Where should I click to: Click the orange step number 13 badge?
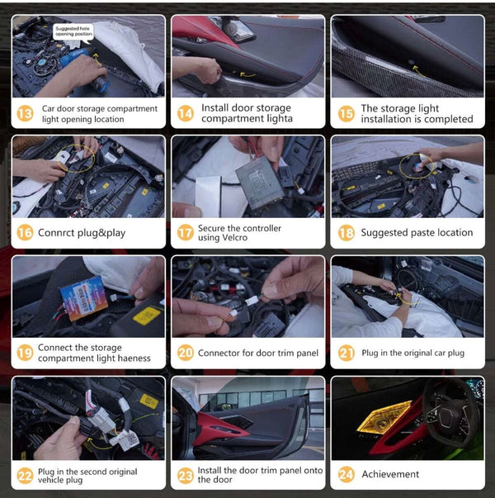click(x=25, y=113)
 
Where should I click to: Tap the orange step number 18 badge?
click(x=346, y=233)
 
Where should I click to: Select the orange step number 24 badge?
click(x=346, y=475)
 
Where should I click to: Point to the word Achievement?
click(x=390, y=474)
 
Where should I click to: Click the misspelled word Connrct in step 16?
click(x=56, y=233)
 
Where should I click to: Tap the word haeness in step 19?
click(x=134, y=358)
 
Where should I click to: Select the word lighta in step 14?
click(x=280, y=119)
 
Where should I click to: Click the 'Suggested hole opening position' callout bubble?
click(x=73, y=31)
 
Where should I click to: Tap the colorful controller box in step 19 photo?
click(x=84, y=298)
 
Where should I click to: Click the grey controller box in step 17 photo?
click(x=259, y=183)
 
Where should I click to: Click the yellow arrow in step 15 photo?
click(x=418, y=72)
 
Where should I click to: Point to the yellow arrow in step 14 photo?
click(x=247, y=75)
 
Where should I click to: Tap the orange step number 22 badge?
click(x=25, y=476)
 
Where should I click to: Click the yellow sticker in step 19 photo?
click(x=147, y=315)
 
